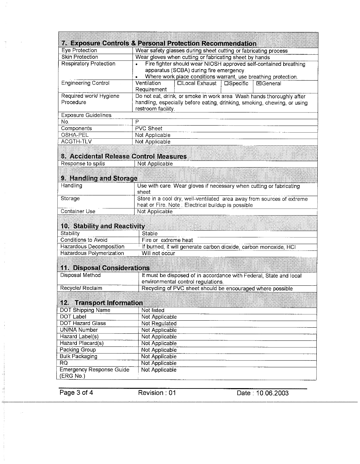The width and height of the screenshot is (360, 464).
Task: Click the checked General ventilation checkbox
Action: tap(258, 84)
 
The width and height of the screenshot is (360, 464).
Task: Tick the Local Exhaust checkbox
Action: tap(179, 83)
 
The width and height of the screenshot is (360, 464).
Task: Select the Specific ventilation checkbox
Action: tap(226, 83)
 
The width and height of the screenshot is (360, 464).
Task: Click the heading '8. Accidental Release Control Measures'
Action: tap(124, 156)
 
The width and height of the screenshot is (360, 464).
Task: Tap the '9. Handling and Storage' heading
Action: tap(99, 178)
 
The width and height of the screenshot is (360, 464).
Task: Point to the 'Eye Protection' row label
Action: tap(79, 50)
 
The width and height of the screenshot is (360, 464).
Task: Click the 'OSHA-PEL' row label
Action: tap(75, 135)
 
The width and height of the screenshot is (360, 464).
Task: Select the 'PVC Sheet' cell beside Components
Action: tap(149, 129)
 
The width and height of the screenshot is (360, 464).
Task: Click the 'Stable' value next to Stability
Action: tap(150, 234)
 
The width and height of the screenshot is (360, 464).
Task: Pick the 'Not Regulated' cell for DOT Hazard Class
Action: tap(159, 324)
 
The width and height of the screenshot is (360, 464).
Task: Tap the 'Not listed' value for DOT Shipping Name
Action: tap(153, 311)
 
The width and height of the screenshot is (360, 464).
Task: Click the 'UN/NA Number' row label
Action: tap(79, 330)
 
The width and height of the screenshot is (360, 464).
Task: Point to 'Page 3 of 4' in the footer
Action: tap(76, 393)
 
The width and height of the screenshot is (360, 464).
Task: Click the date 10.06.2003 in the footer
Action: tap(262, 393)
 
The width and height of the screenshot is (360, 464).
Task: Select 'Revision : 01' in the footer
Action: tap(157, 393)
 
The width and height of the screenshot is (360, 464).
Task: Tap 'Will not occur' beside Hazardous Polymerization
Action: tap(158, 253)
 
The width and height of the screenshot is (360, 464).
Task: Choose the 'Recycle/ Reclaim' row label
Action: tap(81, 288)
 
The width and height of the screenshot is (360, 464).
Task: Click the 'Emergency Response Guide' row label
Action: tap(94, 370)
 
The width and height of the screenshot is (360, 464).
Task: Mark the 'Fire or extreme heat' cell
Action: tap(167, 240)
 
